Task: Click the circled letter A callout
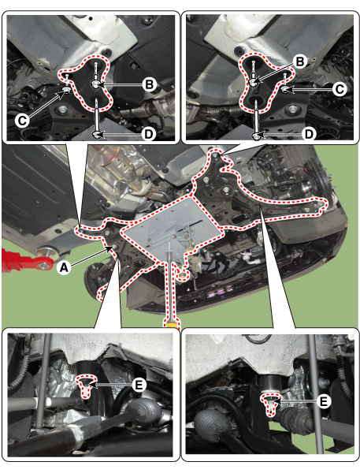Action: [64, 267]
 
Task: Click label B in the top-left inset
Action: [149, 84]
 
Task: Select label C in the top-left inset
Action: [22, 121]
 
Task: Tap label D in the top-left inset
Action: [149, 134]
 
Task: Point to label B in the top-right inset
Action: [299, 61]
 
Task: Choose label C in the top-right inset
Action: [340, 89]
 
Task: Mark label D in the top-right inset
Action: [309, 134]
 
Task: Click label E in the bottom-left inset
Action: [139, 385]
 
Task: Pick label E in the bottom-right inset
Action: [324, 401]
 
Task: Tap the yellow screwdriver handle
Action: [171, 322]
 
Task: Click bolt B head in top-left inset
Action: [95, 84]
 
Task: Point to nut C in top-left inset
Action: [65, 90]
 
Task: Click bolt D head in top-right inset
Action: [257, 136]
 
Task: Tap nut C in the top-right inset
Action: [284, 89]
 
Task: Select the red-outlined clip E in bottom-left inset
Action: [86, 385]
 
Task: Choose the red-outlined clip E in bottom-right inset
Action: [272, 403]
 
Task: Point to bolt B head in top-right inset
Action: [254, 82]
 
